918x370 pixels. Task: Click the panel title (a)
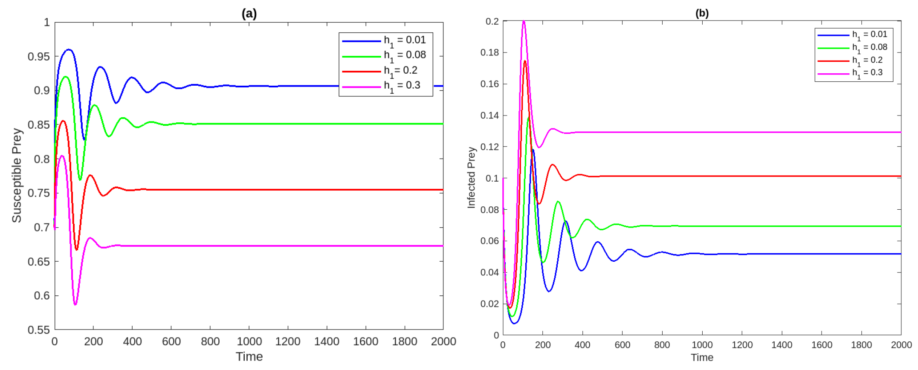[x=249, y=14]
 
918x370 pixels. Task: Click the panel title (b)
[x=702, y=13]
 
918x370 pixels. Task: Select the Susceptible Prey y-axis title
[x=17, y=175]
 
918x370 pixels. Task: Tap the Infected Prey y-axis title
[x=471, y=177]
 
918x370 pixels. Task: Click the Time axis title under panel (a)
[x=249, y=356]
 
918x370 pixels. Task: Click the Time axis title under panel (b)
[x=702, y=357]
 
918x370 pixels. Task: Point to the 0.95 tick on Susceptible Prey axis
[x=38, y=57]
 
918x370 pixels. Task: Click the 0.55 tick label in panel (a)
[x=38, y=330]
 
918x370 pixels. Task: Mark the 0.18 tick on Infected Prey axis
[x=489, y=52]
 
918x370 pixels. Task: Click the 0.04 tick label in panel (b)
[x=489, y=272]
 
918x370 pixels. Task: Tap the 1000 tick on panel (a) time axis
[x=249, y=341]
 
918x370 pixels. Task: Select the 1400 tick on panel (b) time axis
[x=782, y=345]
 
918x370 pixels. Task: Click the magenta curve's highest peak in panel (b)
[x=524, y=21]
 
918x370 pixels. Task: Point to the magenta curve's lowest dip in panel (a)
[x=75, y=304]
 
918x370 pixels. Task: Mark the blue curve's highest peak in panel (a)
[x=69, y=49]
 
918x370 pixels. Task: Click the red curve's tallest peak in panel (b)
[x=525, y=61]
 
